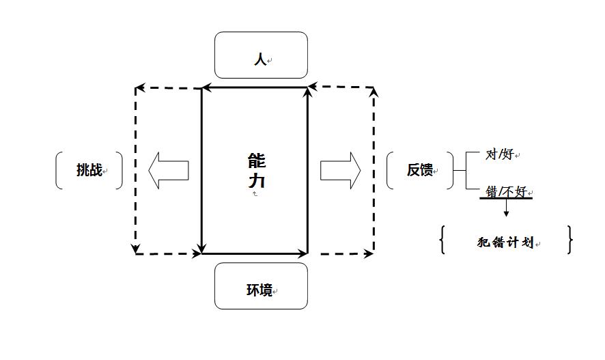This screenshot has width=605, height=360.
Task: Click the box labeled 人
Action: [261, 55]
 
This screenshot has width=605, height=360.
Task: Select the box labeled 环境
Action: [261, 286]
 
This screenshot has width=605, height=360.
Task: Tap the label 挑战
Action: [89, 170]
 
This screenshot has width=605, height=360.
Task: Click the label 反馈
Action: [420, 170]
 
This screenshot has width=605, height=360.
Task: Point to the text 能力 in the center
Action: [257, 171]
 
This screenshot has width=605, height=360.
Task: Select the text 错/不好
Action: [505, 191]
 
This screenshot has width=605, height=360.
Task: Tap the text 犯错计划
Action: [505, 243]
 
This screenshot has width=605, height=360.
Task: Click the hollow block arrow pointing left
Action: [168, 170]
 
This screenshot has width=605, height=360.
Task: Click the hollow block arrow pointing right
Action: [340, 170]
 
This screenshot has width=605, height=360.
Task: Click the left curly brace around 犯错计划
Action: [443, 240]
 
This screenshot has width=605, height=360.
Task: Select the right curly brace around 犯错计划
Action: [569, 240]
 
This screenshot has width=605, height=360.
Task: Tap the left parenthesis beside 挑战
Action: [58, 170]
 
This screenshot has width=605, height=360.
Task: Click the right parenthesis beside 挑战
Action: [119, 170]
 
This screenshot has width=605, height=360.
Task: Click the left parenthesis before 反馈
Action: [389, 170]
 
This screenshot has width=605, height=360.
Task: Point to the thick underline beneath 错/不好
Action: [506, 198]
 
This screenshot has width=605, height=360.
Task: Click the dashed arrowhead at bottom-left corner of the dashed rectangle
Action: [136, 248]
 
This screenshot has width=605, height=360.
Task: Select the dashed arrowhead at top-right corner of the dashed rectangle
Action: [374, 92]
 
